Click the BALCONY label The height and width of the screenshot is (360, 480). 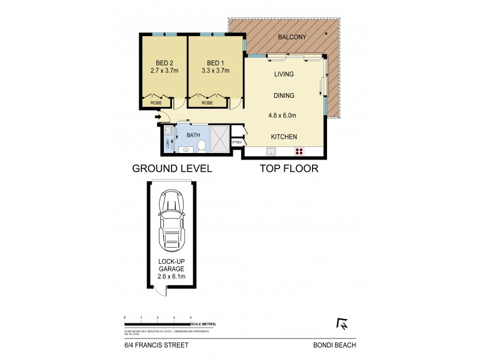(x=293, y=37)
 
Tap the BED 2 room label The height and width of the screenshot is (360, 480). (x=164, y=63)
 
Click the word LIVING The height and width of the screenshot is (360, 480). (x=284, y=74)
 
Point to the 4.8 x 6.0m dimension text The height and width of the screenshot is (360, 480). (x=283, y=116)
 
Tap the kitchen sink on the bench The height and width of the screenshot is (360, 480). (x=272, y=151)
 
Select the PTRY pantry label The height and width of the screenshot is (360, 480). (x=237, y=142)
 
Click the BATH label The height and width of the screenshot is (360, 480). (x=193, y=136)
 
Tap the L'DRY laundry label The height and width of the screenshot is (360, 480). (x=168, y=143)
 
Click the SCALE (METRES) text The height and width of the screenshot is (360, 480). (x=204, y=324)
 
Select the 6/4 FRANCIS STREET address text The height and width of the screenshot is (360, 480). (x=148, y=344)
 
